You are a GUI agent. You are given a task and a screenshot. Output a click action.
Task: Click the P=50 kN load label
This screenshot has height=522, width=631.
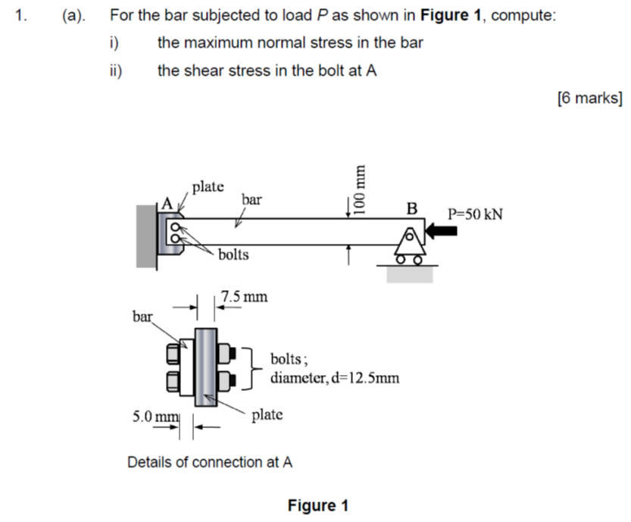point(475,214)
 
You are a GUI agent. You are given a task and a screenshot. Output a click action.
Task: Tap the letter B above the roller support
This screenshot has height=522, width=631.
point(411,208)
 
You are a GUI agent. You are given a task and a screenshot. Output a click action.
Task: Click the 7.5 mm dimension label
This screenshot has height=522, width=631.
point(244,296)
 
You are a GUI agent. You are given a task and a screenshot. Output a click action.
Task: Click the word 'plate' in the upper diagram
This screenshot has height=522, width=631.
point(208,186)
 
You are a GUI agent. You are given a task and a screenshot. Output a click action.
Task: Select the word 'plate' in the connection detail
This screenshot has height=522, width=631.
point(267,414)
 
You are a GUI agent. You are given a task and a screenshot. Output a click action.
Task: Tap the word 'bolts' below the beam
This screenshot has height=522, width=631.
point(233,255)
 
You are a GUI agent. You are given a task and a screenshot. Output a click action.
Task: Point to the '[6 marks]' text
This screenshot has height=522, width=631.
point(589,98)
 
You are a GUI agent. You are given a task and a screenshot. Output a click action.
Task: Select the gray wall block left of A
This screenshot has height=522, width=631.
point(146,235)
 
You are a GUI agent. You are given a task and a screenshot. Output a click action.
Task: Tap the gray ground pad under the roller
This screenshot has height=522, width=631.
point(410,274)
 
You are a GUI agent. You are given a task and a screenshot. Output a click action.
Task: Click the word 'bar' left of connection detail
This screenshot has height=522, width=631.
point(142,316)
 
